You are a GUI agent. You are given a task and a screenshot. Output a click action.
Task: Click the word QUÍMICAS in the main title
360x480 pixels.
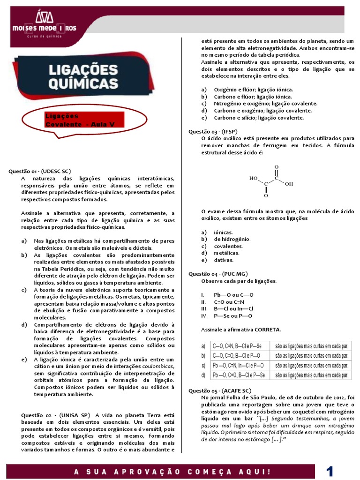84,84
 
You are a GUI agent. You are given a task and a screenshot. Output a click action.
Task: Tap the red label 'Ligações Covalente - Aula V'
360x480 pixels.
84,120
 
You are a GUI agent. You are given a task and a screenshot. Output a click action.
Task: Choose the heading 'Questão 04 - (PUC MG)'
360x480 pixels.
218,274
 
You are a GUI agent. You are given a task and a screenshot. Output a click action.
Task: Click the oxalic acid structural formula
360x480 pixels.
271,181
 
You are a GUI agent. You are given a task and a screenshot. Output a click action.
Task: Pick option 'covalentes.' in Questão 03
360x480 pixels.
228,246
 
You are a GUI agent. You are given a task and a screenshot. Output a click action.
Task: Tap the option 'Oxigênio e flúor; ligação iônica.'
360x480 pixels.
254,90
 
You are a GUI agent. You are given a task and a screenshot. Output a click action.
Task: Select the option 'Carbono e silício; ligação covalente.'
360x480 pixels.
259,118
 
